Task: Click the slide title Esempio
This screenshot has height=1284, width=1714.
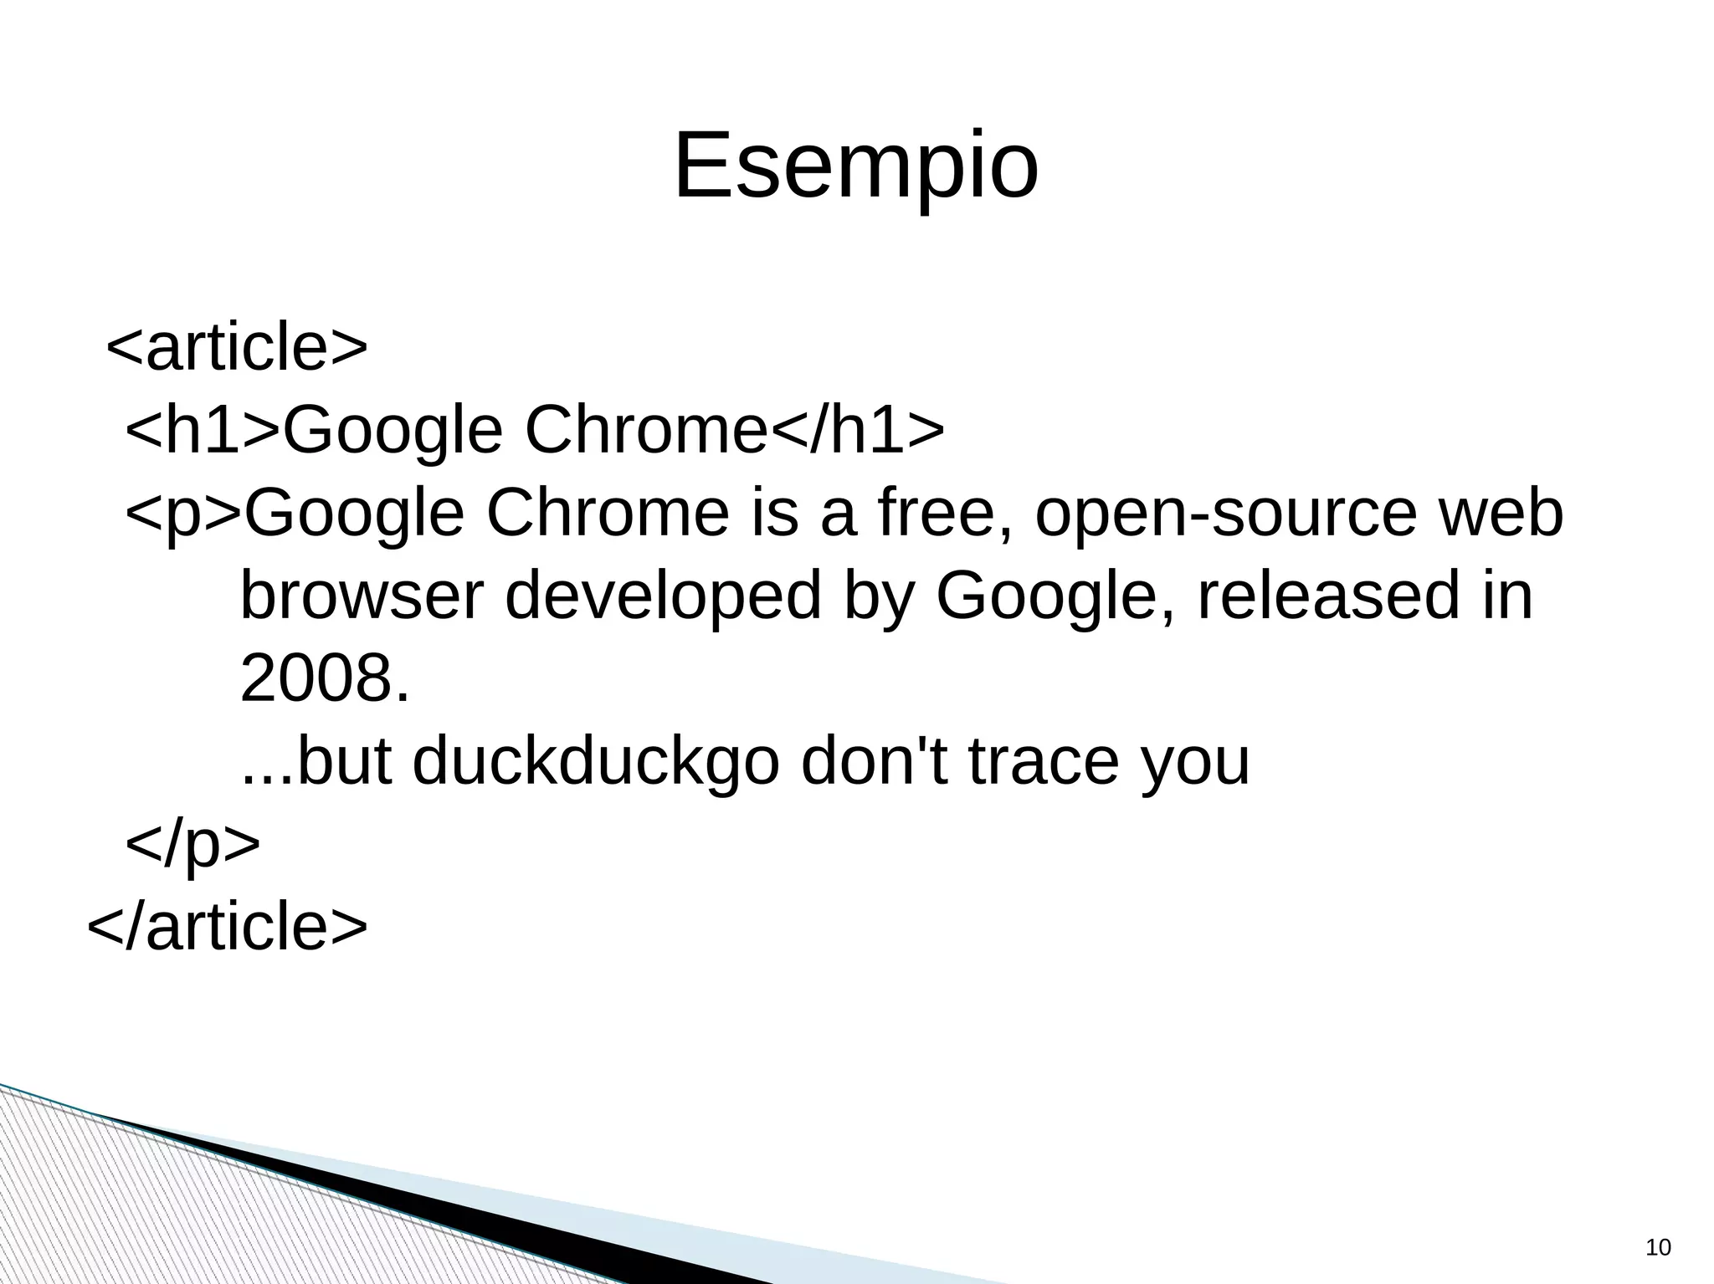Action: click(x=855, y=166)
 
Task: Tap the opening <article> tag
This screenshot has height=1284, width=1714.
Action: click(x=237, y=346)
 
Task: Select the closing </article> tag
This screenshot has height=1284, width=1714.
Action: click(x=228, y=927)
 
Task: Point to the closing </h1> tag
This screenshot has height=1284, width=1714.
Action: click(x=857, y=430)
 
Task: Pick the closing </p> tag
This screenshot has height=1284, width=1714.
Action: click(x=192, y=845)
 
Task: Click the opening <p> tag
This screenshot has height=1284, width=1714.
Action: click(x=183, y=513)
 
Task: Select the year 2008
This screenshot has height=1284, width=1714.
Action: click(x=325, y=679)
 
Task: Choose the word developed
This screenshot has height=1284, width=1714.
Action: click(x=663, y=596)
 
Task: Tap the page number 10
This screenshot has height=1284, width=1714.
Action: click(x=1657, y=1248)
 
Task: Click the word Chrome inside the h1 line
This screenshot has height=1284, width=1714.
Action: click(x=646, y=430)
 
